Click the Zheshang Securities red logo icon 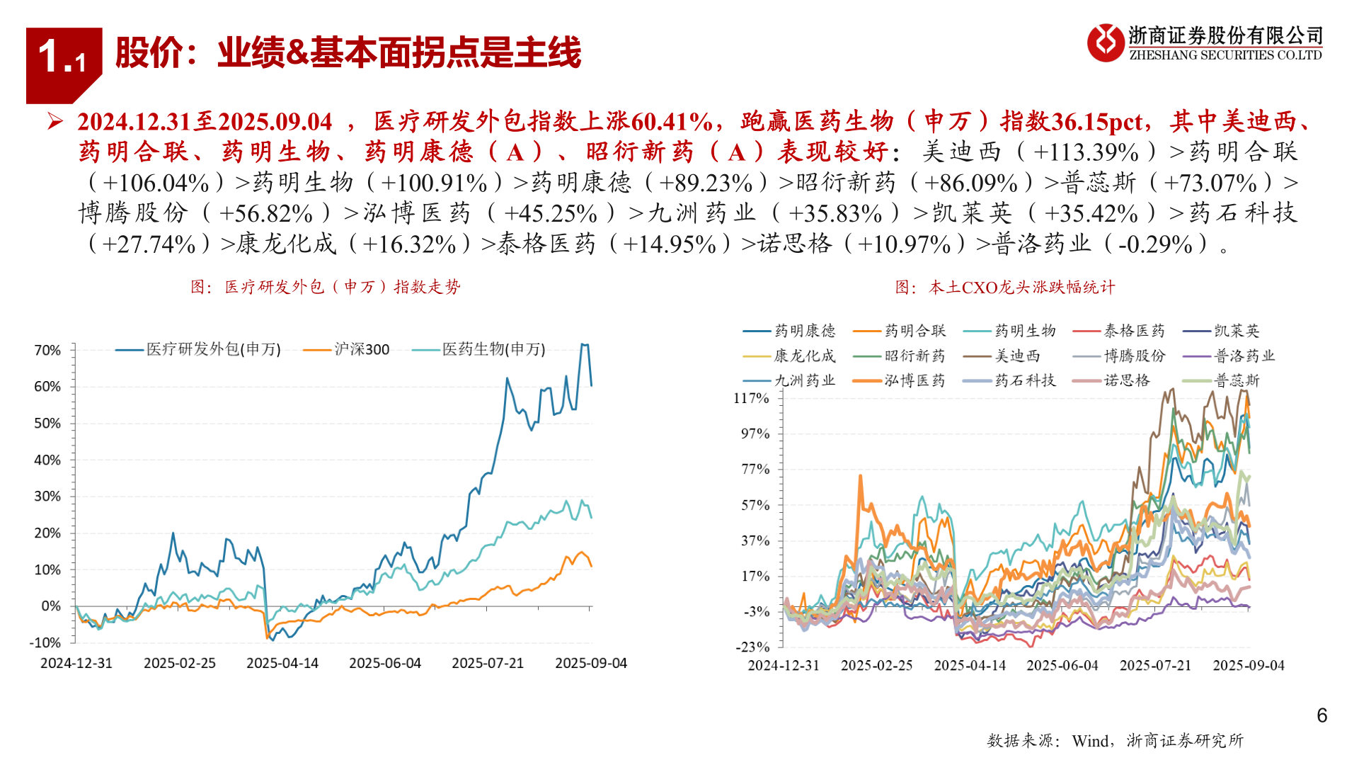coord(1105,42)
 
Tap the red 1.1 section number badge coord(63,57)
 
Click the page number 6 coord(1321,715)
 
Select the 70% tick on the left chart coord(47,350)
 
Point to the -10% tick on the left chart coord(45,642)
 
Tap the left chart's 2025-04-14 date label coord(282,663)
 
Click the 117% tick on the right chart coord(751,398)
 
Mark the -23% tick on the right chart coord(752,647)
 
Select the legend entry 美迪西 coord(1017,356)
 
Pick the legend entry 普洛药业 coord(1244,356)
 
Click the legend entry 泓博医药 coord(914,380)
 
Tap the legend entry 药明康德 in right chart coord(804,331)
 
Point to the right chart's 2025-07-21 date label coord(1155,665)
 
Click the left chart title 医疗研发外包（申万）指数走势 coord(326,287)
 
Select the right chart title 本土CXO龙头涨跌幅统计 coord(1005,287)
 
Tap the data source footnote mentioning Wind coord(1115,740)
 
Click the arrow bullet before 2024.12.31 coord(55,121)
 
